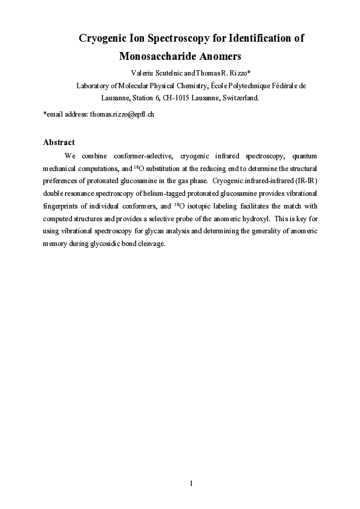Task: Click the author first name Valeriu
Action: [143, 73]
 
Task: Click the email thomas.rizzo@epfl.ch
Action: [123, 114]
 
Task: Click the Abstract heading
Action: [59, 142]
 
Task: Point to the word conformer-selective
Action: [143, 156]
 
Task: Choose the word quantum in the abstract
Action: [304, 156]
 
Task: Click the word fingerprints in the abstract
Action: [62, 206]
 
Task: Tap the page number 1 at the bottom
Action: [191, 483]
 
